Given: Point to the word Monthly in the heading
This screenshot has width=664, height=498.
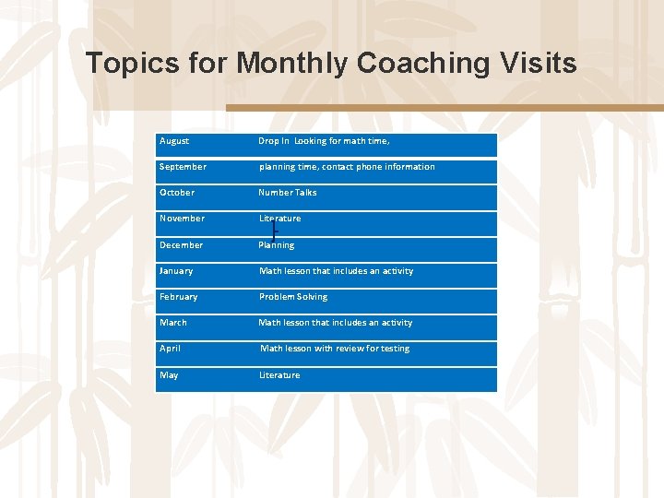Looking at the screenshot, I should point(292,64).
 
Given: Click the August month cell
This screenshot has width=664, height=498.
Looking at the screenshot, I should point(174,141).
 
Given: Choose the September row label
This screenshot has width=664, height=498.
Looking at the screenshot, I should point(183,167).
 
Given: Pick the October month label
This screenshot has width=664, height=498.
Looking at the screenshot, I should point(177,193).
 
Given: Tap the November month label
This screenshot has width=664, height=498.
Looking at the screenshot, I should point(182,219).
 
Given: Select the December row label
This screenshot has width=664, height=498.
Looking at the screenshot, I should point(181,245).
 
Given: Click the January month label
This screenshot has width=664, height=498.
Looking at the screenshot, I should point(176,271).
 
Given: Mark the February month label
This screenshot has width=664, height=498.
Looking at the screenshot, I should point(178,297).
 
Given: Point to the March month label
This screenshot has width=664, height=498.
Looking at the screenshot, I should point(173,323).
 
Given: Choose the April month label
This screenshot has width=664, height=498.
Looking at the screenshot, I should point(170,349).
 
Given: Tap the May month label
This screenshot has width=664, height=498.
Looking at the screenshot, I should point(169,375).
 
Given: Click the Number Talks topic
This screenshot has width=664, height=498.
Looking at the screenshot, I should point(288,193).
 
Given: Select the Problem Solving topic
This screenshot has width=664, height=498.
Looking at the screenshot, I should point(293,297).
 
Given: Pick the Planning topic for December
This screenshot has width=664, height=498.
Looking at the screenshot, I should point(277,245).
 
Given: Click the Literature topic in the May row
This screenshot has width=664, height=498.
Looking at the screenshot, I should point(279,375).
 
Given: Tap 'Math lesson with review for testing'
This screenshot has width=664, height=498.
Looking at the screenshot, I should point(335,349).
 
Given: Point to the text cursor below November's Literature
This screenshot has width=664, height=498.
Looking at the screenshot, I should point(274,231).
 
